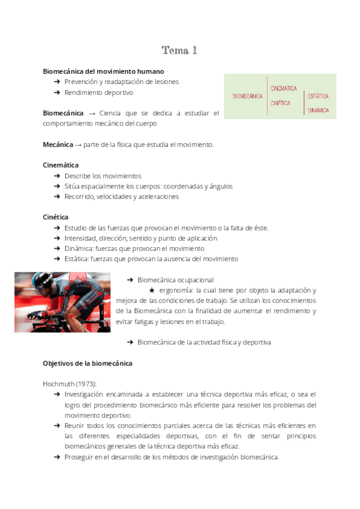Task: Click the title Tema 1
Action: pos(179,50)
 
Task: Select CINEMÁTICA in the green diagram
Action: pos(284,88)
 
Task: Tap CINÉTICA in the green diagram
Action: pos(280,103)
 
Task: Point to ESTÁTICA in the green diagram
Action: pos(318,96)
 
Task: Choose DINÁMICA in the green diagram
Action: pos(318,110)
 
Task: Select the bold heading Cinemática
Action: pos(61,164)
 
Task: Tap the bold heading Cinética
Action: pos(56,217)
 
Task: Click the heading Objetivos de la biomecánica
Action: pos(88,363)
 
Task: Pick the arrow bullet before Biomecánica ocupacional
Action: pos(130,280)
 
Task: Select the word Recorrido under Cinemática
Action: pos(80,196)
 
